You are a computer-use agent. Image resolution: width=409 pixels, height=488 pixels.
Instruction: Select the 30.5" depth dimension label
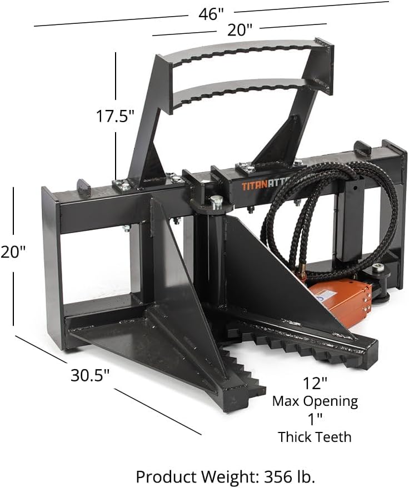pyautogui.click(x=89, y=375)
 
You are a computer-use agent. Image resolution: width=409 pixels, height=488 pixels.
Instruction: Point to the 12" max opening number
pyautogui.click(x=315, y=383)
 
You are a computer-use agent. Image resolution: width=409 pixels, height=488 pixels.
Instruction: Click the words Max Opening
pyautogui.click(x=315, y=400)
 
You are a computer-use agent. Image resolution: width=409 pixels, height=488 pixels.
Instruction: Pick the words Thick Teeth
pyautogui.click(x=315, y=437)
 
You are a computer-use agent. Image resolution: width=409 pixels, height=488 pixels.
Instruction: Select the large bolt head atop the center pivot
pyautogui.click(x=216, y=201)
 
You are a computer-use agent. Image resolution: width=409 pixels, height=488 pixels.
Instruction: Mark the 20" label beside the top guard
pyautogui.click(x=240, y=31)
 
